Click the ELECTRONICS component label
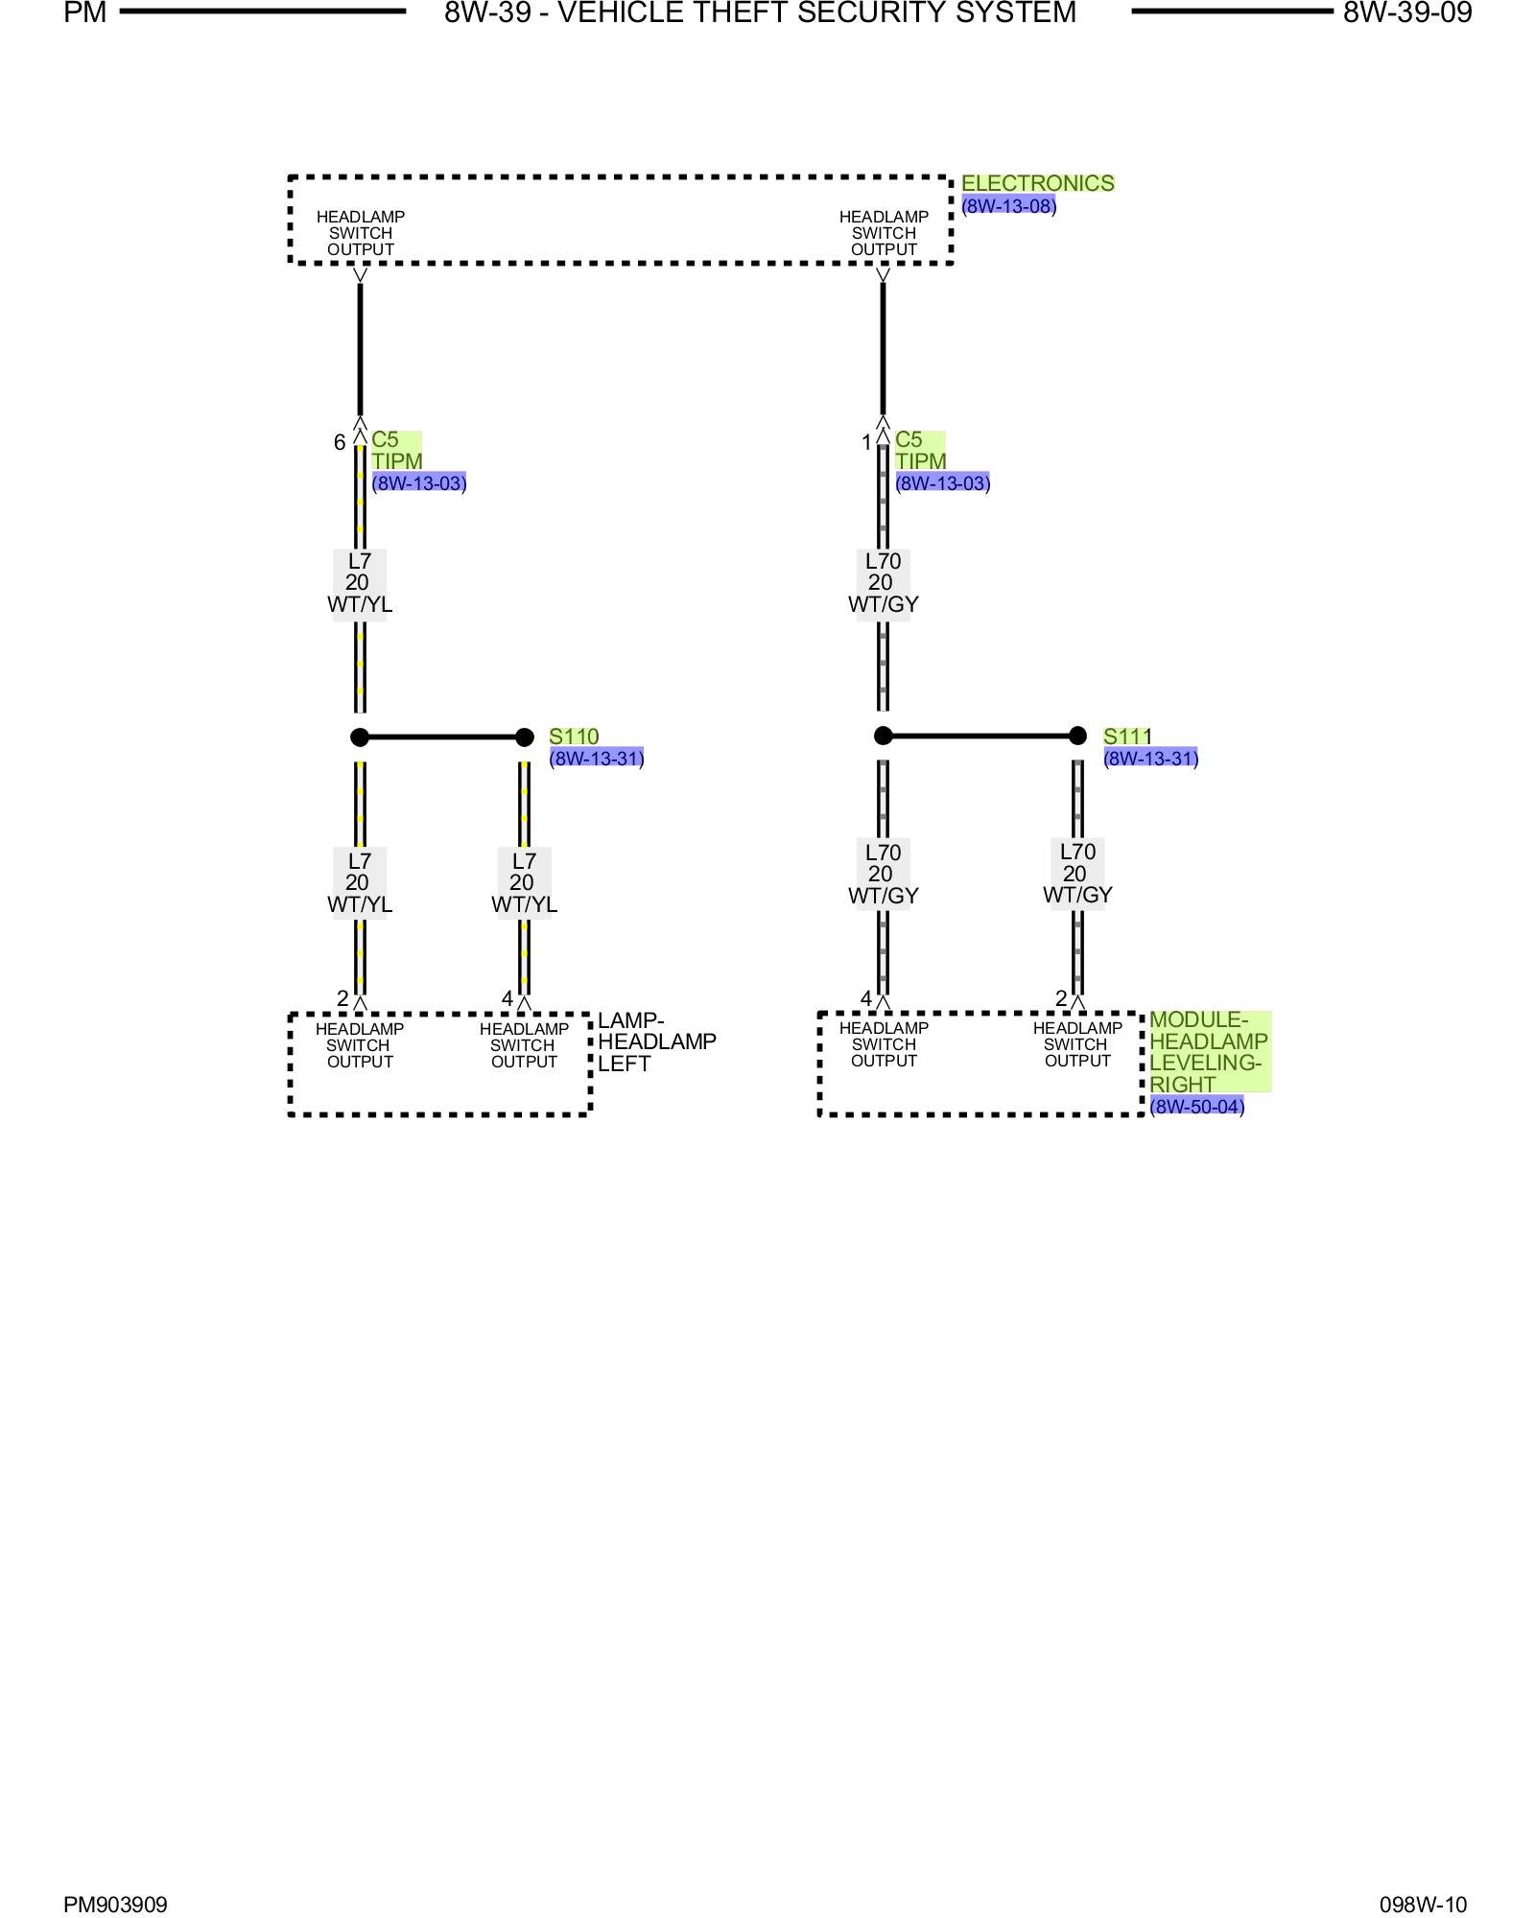[1037, 183]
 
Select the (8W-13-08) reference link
[1008, 205]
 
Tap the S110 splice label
[574, 737]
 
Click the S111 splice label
[1126, 736]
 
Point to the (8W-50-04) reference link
[1196, 1106]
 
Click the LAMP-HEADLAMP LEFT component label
[656, 1041]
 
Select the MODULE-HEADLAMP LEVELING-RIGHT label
[1208, 1052]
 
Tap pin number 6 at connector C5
[340, 442]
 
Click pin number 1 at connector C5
[866, 442]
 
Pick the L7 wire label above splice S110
[358, 583]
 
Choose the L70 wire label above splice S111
[882, 583]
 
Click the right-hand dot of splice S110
[524, 737]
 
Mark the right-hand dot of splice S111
[1077, 736]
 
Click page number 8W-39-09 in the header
[1406, 12]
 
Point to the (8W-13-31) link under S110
[596, 759]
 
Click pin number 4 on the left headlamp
[507, 999]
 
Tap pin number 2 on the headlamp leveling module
[1061, 998]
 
